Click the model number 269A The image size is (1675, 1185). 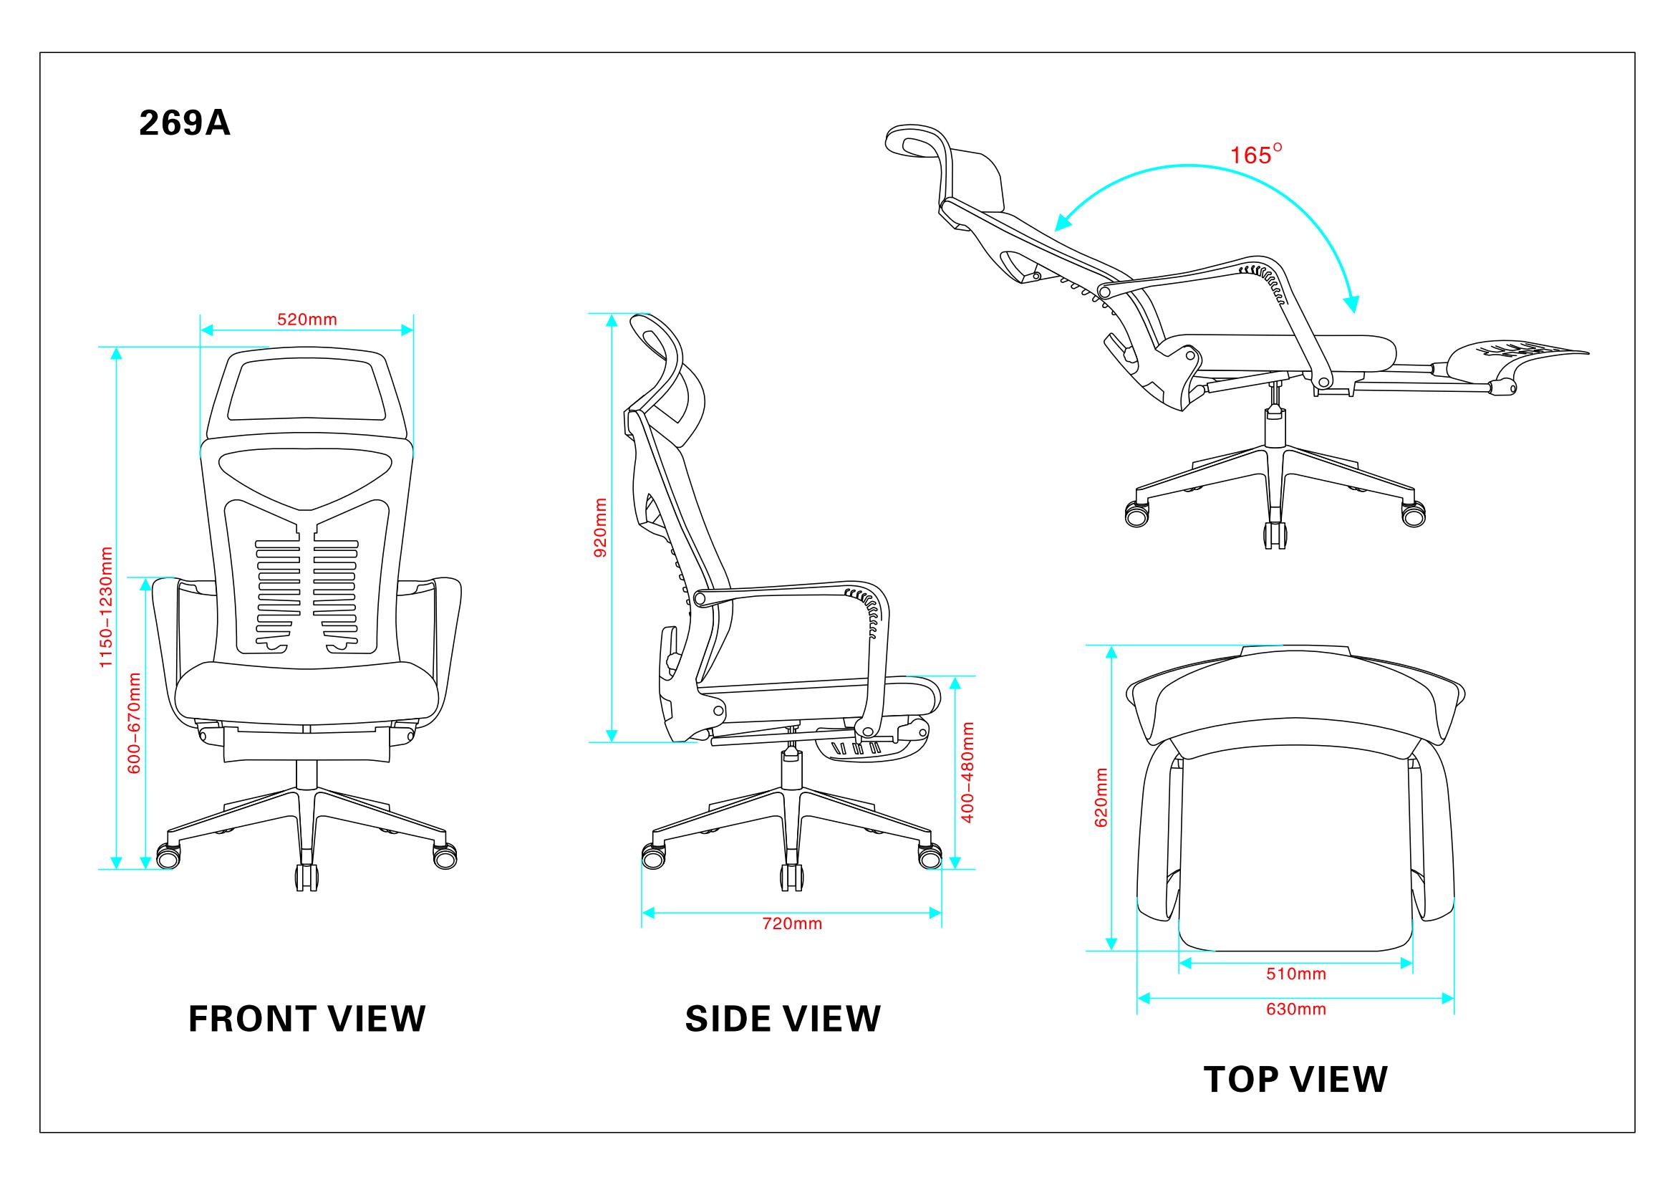pos(185,123)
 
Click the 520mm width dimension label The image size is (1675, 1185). pos(307,319)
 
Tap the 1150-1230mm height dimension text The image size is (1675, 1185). pos(107,606)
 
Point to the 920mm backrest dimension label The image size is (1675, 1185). pos(600,527)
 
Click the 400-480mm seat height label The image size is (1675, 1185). pos(968,772)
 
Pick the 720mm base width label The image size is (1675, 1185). pos(792,923)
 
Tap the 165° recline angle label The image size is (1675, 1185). pos(1256,155)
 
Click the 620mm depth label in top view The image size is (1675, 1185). pos(1101,797)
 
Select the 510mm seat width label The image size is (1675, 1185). pos(1295,974)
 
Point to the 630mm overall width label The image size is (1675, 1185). pos(1295,1009)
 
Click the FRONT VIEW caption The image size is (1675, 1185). pos(307,1019)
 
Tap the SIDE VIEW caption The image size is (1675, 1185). pos(783,1019)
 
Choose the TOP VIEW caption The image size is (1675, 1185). pos(1295,1079)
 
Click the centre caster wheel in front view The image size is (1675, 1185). pos(306,877)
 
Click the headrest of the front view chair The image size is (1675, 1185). pos(306,393)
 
